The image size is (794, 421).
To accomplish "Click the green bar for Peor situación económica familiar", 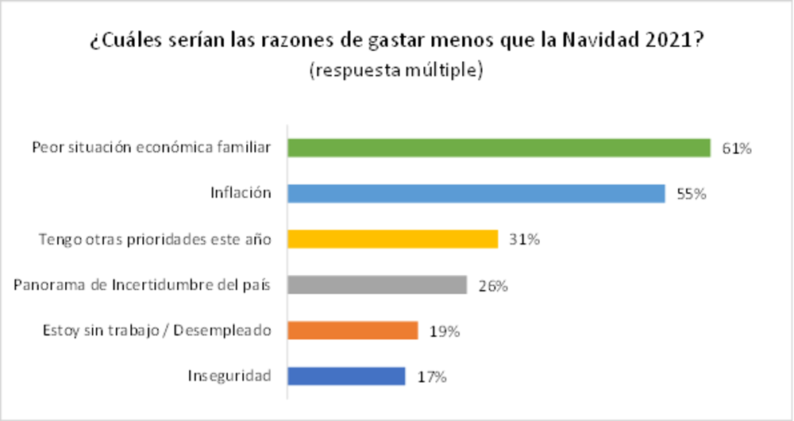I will coord(498,148).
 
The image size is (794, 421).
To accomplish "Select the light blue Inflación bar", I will coord(476,193).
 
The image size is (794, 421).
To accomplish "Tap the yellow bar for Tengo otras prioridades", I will coord(392,239).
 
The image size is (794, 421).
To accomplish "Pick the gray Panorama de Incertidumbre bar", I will coord(376,284).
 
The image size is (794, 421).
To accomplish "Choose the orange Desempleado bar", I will coord(353,330).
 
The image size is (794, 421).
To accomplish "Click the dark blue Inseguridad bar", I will coord(346,376).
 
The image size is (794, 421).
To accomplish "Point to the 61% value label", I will coord(736,149).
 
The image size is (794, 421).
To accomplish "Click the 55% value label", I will coord(691,194).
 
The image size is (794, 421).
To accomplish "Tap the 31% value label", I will coord(524,239).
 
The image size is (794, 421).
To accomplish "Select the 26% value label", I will coord(492,285).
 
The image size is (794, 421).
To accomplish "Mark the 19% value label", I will coord(444,330).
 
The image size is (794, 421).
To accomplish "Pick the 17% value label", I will coord(431,377).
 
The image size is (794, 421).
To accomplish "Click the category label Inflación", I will coord(241,193).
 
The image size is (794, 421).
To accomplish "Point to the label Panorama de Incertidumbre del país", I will coord(143,285).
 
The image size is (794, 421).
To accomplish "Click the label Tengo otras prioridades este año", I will coord(156,239).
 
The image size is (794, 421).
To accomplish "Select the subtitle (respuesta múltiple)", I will coord(396,70).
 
